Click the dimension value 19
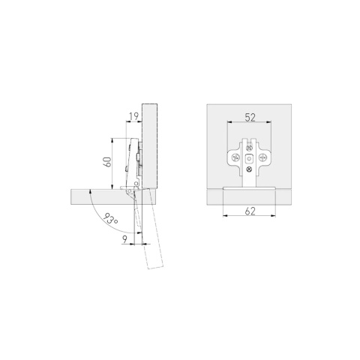pos(133,116)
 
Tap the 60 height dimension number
pos(107,162)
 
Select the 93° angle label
pos(110,219)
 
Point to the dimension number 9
pos(124,239)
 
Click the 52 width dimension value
pos(250,117)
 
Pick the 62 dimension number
pos(250,211)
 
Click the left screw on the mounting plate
pos(235,157)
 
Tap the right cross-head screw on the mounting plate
pos(262,157)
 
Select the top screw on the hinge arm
pos(249,148)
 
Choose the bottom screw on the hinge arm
pos(249,169)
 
